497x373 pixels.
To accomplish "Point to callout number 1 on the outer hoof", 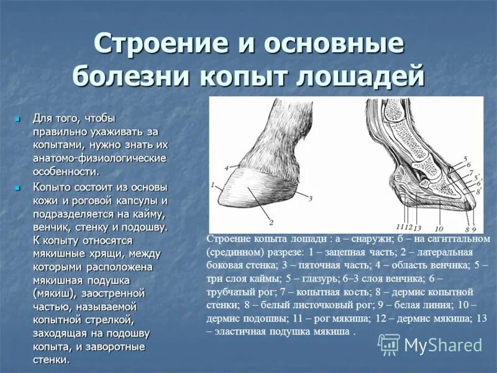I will (212, 185).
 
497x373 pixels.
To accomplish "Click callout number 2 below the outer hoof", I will (271, 222).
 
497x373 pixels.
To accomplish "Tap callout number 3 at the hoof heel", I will (309, 197).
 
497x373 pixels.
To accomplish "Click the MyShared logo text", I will (443, 345).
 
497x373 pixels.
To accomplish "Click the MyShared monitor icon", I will (390, 344).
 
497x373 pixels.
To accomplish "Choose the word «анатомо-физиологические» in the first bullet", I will (99, 158).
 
